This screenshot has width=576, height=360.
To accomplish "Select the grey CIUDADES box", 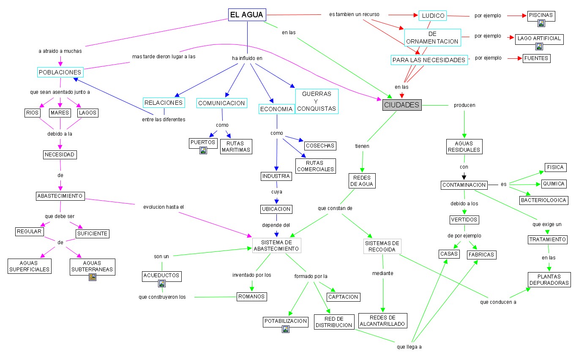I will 402,105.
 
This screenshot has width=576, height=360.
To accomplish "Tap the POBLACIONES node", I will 60,72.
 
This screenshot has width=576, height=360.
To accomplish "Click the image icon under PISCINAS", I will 541,24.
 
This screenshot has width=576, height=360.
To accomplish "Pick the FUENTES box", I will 536,58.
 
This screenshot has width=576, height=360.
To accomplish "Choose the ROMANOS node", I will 251,297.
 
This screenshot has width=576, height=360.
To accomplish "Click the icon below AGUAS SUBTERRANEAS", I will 93,277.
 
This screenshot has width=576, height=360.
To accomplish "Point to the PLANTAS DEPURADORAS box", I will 549,280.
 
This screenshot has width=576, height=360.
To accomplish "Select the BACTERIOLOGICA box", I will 544,200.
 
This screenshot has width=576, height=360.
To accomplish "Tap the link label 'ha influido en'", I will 247,58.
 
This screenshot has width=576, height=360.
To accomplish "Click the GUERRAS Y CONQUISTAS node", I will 317,101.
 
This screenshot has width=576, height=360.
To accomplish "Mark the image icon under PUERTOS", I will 203,150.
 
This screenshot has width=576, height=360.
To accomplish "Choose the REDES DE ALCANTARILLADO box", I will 383,321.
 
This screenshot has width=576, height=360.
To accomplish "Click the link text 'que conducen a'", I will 498,302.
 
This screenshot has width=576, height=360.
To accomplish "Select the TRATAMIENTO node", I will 547,240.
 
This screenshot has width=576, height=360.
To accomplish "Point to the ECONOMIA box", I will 276,109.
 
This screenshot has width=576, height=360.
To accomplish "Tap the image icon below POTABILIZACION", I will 286,329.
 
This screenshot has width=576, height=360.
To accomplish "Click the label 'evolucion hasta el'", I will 164,207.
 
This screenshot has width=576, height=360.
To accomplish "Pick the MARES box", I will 60,113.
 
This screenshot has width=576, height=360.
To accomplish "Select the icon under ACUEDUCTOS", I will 161,284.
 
